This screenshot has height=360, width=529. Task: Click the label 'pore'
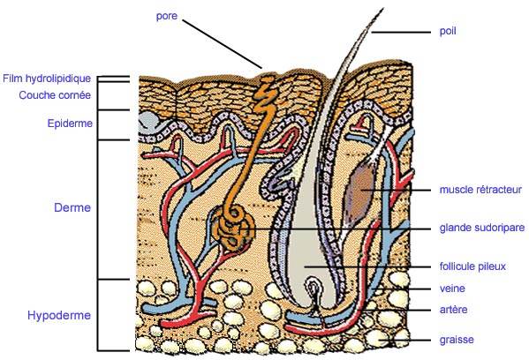click(x=167, y=17)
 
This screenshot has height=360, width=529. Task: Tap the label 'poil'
click(x=448, y=32)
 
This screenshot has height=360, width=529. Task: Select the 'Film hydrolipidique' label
click(x=47, y=79)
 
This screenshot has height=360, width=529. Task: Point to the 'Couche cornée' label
click(x=55, y=95)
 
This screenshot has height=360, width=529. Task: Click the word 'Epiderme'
click(x=70, y=124)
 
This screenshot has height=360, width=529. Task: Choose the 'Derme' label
click(x=72, y=207)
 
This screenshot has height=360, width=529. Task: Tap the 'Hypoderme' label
click(x=59, y=316)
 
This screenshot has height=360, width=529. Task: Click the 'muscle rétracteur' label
click(x=480, y=190)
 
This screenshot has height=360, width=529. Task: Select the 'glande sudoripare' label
click(x=482, y=229)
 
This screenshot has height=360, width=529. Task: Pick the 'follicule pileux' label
click(x=472, y=266)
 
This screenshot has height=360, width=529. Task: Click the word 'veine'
click(x=452, y=289)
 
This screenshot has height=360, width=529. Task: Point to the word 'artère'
click(x=453, y=310)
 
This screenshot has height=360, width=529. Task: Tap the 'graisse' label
click(x=457, y=340)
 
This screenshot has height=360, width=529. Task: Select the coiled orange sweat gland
click(x=233, y=229)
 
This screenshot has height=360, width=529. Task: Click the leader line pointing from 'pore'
click(x=223, y=44)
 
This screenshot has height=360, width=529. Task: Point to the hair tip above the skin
click(x=382, y=9)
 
